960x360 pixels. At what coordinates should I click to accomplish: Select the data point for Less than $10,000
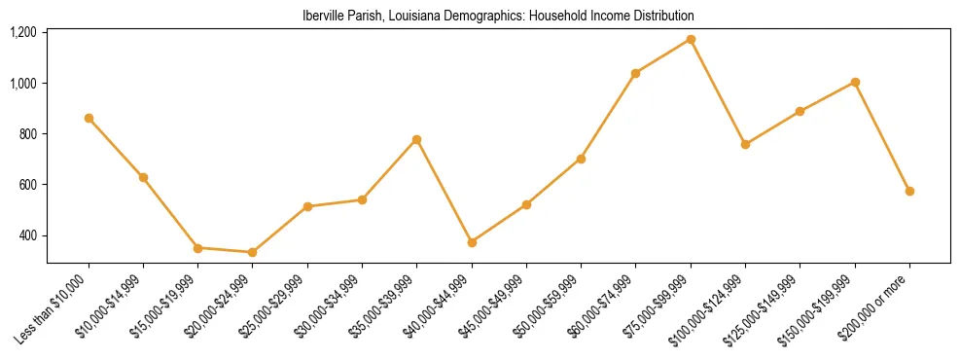[89, 118]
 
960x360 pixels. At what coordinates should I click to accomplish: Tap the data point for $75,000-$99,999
[691, 39]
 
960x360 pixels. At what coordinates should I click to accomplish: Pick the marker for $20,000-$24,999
[253, 252]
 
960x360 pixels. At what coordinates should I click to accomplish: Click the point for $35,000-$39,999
[416, 139]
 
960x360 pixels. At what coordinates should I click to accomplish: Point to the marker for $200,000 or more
[909, 191]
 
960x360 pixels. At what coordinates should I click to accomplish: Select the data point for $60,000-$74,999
[635, 73]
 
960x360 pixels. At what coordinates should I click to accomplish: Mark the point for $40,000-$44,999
[472, 242]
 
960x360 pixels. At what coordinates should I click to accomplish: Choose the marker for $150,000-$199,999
[855, 82]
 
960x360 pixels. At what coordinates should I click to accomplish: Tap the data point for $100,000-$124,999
[745, 144]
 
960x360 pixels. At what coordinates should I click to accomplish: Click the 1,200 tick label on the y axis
[23, 32]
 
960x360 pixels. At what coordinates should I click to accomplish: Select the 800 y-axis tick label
[28, 134]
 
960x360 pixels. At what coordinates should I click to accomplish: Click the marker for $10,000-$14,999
[143, 177]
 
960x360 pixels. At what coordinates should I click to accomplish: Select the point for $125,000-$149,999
[800, 111]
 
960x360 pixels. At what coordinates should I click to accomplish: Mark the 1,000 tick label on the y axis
[23, 84]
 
